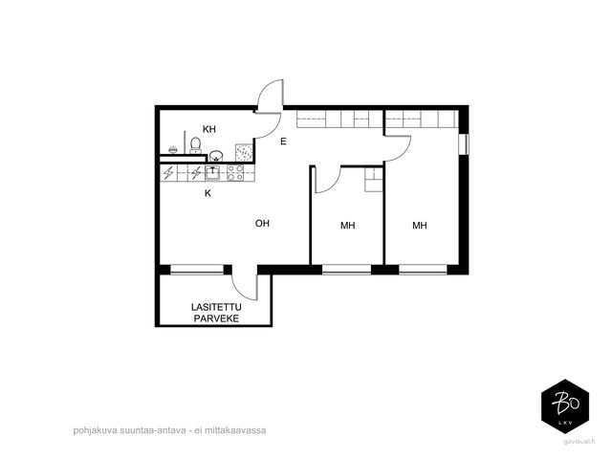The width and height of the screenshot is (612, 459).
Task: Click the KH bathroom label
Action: [209, 129]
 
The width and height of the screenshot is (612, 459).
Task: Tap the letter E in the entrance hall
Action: [283, 142]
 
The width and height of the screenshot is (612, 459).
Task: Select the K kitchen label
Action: [208, 193]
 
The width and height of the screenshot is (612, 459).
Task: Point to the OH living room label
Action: [262, 223]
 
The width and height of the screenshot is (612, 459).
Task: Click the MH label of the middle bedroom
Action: [348, 226]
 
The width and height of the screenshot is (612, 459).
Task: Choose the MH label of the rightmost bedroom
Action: [420, 226]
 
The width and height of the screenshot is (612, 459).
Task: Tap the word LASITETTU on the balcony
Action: [216, 307]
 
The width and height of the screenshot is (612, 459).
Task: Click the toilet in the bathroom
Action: [195, 145]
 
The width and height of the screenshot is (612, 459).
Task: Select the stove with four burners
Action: [235, 173]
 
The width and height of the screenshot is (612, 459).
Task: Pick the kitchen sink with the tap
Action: [212, 173]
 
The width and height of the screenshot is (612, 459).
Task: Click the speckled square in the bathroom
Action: [244, 153]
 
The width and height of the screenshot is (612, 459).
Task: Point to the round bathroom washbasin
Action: [216, 156]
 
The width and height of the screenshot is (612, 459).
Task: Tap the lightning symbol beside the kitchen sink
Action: [196, 172]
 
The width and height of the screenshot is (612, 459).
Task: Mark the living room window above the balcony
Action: [197, 270]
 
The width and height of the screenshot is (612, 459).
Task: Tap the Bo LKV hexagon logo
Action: [565, 406]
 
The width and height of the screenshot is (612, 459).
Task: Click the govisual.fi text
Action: [579, 442]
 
